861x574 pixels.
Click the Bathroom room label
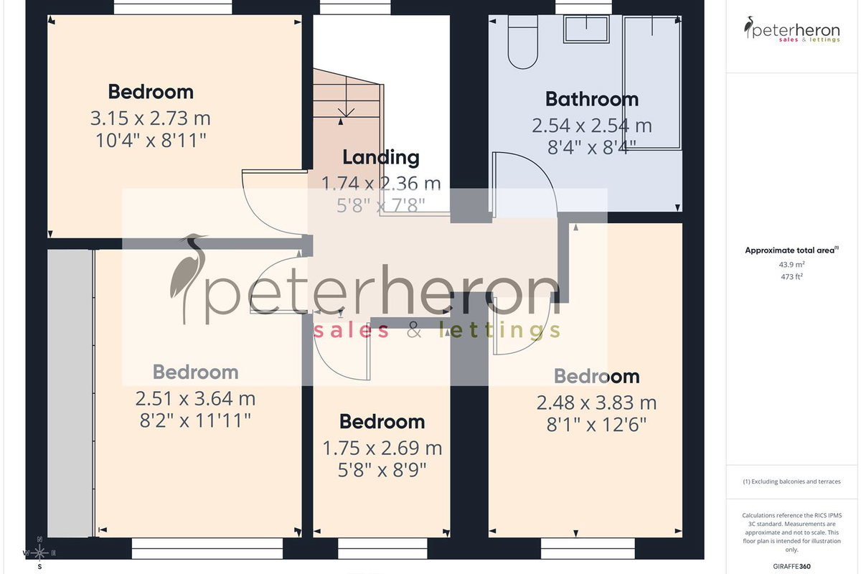coord(592,99)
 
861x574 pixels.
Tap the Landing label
coord(381,158)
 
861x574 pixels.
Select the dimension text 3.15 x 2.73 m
coord(151,118)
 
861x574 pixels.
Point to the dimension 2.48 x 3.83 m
coord(596,403)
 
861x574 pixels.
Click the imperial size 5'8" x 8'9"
coord(382,470)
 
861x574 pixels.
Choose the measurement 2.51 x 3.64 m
coord(195,399)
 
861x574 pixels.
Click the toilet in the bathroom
coord(523,42)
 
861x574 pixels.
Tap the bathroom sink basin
coord(587,29)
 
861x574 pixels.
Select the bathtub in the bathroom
coord(652,83)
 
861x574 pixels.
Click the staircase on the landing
coord(347,94)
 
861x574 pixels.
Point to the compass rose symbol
coord(39,553)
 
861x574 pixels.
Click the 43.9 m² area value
coord(792,265)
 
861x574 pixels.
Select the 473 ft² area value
coord(792,276)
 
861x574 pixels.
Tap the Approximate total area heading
coord(792,250)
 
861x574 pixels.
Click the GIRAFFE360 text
coord(792,566)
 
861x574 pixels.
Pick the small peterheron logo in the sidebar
coord(792,29)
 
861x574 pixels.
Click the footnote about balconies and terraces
coord(792,481)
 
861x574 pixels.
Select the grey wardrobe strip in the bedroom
coord(70,393)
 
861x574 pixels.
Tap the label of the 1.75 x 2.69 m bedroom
coord(382,422)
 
